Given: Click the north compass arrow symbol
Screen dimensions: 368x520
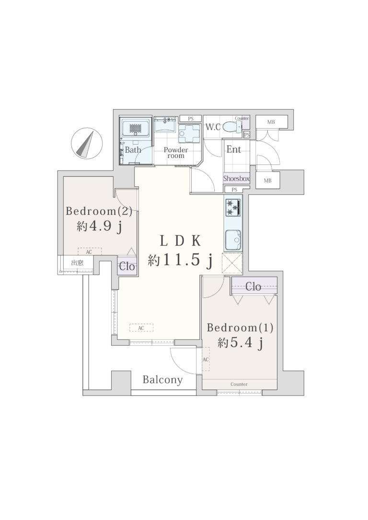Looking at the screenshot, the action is (x=86, y=143).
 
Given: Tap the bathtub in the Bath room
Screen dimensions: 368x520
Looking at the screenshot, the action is (x=136, y=128).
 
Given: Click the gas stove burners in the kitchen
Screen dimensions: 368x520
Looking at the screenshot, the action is (x=233, y=207).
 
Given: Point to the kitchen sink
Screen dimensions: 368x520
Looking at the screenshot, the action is (x=233, y=240).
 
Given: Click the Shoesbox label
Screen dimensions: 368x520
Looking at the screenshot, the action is (x=236, y=179).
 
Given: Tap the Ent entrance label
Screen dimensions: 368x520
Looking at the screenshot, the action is (x=234, y=149).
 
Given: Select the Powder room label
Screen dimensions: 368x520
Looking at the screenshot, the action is (x=175, y=153).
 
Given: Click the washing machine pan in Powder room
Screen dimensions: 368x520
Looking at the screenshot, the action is (x=189, y=134).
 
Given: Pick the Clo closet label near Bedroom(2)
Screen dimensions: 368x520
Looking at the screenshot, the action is (x=127, y=266).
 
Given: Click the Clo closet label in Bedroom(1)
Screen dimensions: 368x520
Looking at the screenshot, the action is (x=253, y=286).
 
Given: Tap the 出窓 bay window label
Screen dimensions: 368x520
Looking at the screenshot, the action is (x=77, y=263).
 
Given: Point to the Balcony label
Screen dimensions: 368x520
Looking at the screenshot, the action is (x=162, y=380).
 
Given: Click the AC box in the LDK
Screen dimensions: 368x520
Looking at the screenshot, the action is (x=141, y=328).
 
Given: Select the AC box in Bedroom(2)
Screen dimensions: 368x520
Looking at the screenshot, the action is (x=90, y=252).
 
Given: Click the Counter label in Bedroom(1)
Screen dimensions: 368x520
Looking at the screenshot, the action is (x=239, y=384).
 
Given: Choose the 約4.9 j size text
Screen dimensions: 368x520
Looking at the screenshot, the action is (x=99, y=226).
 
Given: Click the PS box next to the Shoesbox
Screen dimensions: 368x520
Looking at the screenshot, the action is (x=234, y=190).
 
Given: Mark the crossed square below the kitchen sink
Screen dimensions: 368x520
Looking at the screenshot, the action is (x=232, y=263).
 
